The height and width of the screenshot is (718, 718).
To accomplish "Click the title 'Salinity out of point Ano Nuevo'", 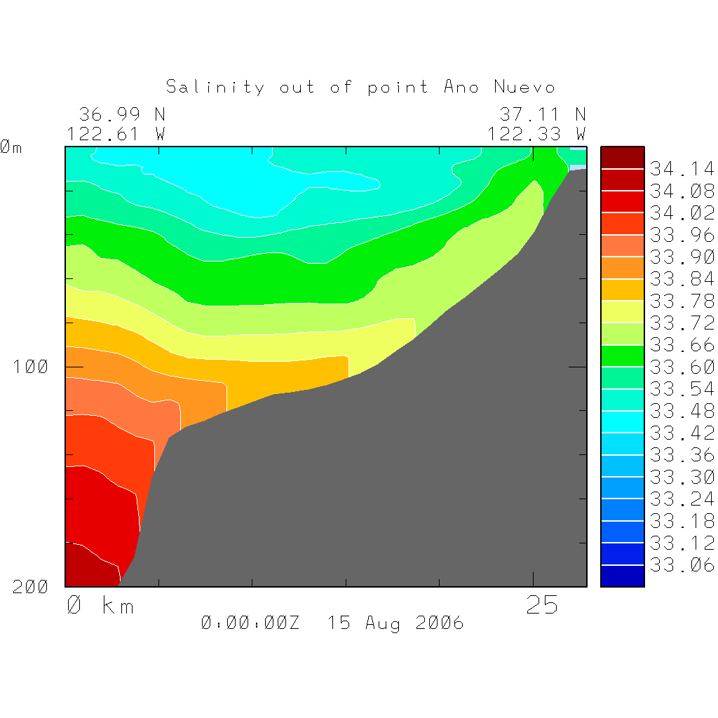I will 360,87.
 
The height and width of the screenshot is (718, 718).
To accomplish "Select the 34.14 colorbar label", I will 682,169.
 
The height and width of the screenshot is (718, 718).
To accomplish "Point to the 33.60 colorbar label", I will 682,367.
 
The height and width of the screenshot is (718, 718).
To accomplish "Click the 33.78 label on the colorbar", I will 682,301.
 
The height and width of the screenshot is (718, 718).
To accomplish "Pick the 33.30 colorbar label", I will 682,477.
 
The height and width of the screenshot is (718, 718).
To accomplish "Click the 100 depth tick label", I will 31,367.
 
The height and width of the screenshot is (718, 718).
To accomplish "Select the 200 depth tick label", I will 31,587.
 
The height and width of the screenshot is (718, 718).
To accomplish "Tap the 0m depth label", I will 11,147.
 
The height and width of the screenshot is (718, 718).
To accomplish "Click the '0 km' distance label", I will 100,606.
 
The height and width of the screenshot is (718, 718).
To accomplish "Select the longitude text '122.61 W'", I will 116,133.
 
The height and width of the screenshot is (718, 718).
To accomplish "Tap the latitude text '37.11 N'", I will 543,114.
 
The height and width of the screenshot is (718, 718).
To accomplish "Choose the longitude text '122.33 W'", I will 537,133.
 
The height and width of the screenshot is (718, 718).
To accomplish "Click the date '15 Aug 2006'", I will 395,623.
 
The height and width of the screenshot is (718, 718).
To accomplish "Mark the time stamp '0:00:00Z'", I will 250,623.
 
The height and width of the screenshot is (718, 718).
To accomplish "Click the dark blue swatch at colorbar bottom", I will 622,576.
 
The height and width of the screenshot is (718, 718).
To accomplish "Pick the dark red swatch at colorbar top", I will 622,157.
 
